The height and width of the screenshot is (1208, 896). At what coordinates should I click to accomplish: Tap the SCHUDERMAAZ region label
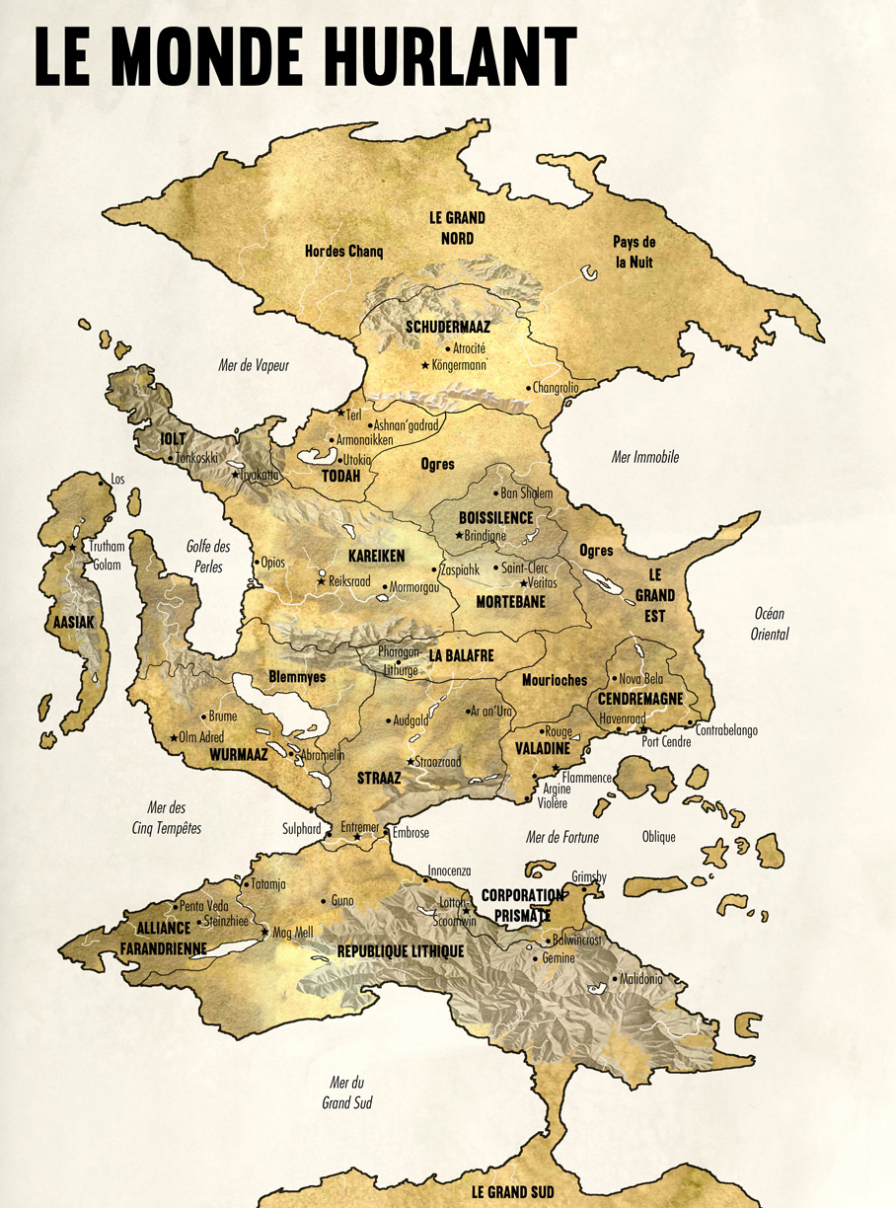(448, 326)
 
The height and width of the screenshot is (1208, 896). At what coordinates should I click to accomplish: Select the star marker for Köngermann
(425, 366)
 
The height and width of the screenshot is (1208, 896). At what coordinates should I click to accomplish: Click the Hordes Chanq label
(343, 251)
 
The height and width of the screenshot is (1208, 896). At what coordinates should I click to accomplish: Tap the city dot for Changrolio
(528, 388)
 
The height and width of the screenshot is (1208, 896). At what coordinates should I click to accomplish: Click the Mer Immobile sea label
(645, 457)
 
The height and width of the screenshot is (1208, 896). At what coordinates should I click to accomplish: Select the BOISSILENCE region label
(495, 517)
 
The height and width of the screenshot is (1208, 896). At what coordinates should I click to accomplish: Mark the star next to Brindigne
(458, 536)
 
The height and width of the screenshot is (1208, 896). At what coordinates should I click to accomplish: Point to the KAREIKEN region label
(377, 557)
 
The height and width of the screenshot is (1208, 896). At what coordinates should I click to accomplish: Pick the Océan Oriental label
(771, 624)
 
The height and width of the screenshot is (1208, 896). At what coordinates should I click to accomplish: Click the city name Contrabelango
(728, 731)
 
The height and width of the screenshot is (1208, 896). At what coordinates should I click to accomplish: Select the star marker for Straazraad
(411, 762)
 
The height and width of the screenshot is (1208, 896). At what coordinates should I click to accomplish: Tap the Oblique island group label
(658, 837)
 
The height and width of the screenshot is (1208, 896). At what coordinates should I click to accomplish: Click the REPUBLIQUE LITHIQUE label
(401, 951)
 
